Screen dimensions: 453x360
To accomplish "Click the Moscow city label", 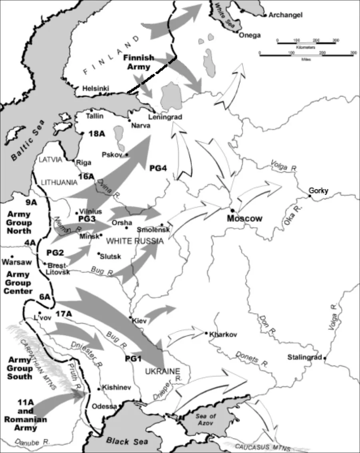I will point(245,219).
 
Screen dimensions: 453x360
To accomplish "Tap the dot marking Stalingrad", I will point(325,358).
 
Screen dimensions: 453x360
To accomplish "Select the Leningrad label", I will point(165,117).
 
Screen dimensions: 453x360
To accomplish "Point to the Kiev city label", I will point(140,321).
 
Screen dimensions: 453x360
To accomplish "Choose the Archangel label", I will point(285,15).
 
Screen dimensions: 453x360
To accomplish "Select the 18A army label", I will point(96,134).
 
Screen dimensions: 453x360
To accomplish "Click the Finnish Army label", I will point(139,62).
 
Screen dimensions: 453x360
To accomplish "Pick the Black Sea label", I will point(123,441).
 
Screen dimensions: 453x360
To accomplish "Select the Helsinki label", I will point(95,88).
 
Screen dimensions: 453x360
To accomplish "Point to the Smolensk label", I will point(154,230).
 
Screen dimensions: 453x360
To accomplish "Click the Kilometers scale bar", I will point(306,42).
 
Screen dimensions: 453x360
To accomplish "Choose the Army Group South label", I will point(19,368).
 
